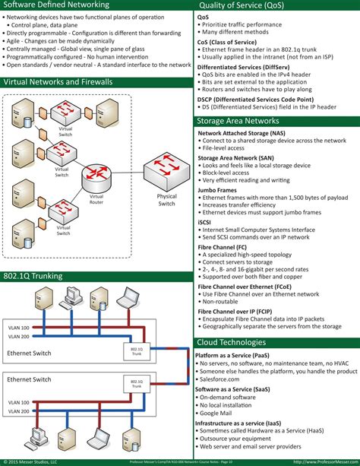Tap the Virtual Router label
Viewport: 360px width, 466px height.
pyautogui.click(x=96, y=199)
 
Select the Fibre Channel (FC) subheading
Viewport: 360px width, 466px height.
pyautogui.click(x=228, y=246)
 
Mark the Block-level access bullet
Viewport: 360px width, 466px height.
pyautogui.click(x=229, y=173)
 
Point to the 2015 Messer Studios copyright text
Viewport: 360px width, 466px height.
pyautogui.click(x=34, y=461)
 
